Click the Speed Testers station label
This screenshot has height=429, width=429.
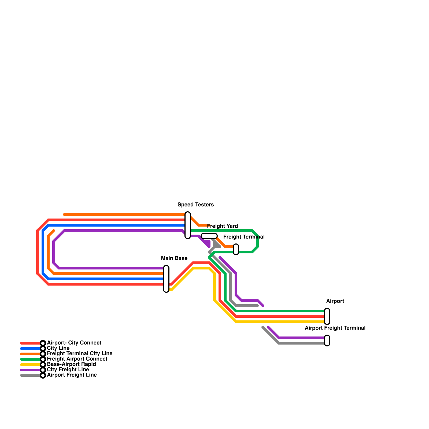click(195, 205)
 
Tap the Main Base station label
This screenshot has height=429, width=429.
click(174, 258)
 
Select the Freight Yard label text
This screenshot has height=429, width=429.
click(222, 226)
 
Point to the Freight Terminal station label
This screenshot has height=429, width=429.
click(244, 237)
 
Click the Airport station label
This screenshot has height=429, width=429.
click(335, 301)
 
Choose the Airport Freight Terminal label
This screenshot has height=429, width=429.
click(335, 328)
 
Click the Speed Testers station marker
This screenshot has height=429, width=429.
click(188, 225)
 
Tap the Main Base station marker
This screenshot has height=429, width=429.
click(166, 279)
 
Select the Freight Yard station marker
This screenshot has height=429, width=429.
click(209, 236)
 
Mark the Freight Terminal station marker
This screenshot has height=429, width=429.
click(236, 249)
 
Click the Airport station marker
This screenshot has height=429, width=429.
click(327, 316)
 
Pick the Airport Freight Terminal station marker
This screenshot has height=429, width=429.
click(327, 341)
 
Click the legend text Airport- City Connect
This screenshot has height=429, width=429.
click(74, 343)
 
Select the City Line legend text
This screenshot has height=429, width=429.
click(58, 348)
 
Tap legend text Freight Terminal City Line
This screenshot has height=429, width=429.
click(79, 354)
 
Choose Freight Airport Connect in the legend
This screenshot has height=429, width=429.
click(77, 359)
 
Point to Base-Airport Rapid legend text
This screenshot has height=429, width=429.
click(71, 364)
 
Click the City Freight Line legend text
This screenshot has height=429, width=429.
click(68, 370)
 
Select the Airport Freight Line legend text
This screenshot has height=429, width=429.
click(72, 375)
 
